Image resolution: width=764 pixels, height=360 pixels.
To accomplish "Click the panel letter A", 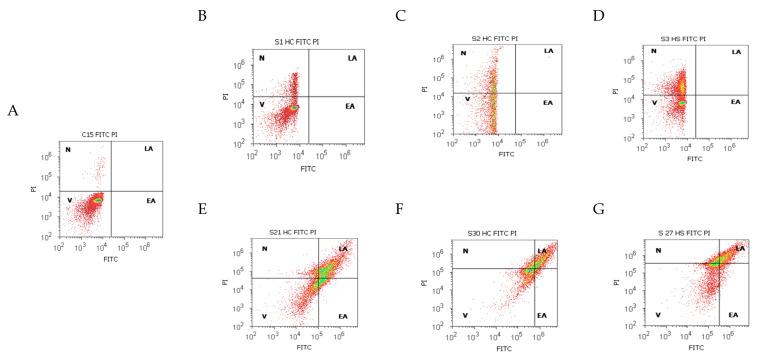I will (x=12, y=111).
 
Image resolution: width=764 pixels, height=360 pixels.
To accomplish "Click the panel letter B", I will (x=203, y=17).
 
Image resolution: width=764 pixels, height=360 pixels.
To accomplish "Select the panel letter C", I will (x=373, y=17).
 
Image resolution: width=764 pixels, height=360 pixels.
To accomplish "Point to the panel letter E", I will (x=203, y=212).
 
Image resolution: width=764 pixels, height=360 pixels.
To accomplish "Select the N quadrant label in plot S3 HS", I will (x=654, y=52).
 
